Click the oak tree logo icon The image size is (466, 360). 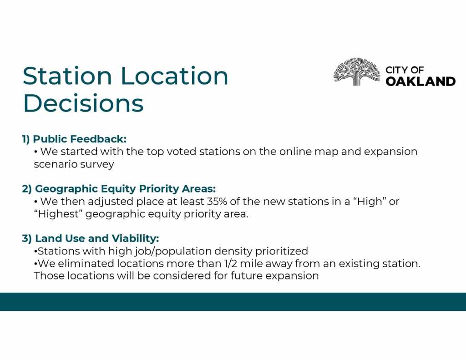[357, 71]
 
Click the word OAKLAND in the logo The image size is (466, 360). [420, 81]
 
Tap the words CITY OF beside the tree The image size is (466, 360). [405, 70]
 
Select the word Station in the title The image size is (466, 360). [67, 76]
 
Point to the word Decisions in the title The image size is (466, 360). [83, 103]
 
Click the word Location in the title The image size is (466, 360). [174, 76]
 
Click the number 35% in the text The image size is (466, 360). [217, 201]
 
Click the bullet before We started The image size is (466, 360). [35, 152]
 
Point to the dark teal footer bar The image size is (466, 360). [233, 302]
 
